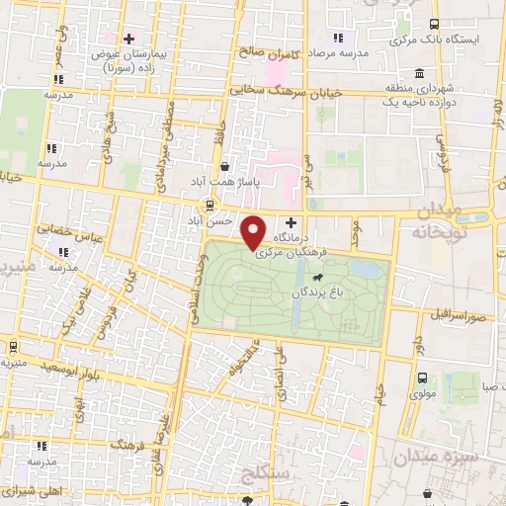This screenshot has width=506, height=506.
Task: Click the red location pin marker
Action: (254, 231)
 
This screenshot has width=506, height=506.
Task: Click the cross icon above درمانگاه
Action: (290, 222)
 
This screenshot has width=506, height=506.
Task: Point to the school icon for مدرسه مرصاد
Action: (338, 38)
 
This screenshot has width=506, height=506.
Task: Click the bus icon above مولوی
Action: (423, 379)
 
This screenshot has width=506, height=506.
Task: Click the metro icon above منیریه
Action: (12, 348)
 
